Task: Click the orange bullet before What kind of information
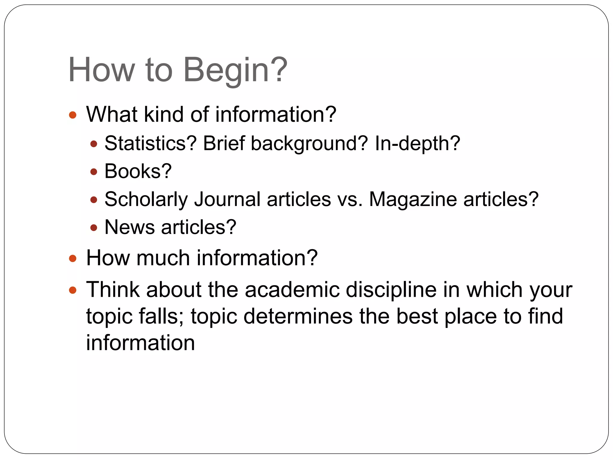click(73, 115)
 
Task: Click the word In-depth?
click(417, 144)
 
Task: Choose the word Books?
click(138, 171)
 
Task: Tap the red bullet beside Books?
click(94, 172)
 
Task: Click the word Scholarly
click(146, 199)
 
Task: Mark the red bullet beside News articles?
click(94, 228)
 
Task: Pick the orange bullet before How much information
click(73, 258)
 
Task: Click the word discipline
click(391, 290)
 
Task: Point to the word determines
click(298, 316)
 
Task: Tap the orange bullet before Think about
click(73, 290)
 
